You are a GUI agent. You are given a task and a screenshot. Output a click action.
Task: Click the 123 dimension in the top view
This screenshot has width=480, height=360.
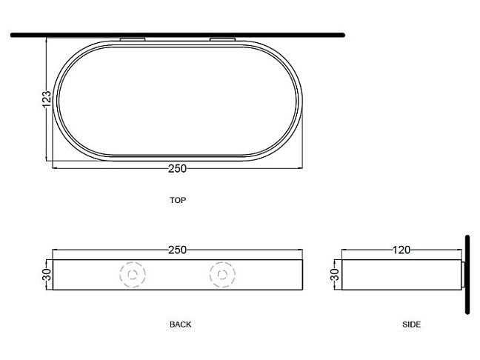click(47, 99)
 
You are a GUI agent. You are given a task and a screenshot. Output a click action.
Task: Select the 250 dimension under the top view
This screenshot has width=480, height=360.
click(177, 169)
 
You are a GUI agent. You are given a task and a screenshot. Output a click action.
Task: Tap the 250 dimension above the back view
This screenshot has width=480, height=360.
click(177, 250)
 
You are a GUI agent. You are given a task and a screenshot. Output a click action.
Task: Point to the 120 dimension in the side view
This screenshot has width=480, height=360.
click(401, 250)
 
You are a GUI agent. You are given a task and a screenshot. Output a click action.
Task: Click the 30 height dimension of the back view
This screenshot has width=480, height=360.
click(47, 275)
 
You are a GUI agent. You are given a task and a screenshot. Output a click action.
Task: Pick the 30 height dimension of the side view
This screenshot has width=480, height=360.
click(336, 275)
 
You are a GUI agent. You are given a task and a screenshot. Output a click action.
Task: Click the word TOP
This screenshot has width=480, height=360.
click(178, 200)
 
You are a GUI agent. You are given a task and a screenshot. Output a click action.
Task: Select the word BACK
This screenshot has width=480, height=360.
click(180, 324)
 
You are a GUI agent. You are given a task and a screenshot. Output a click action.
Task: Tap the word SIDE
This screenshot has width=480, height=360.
click(411, 324)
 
